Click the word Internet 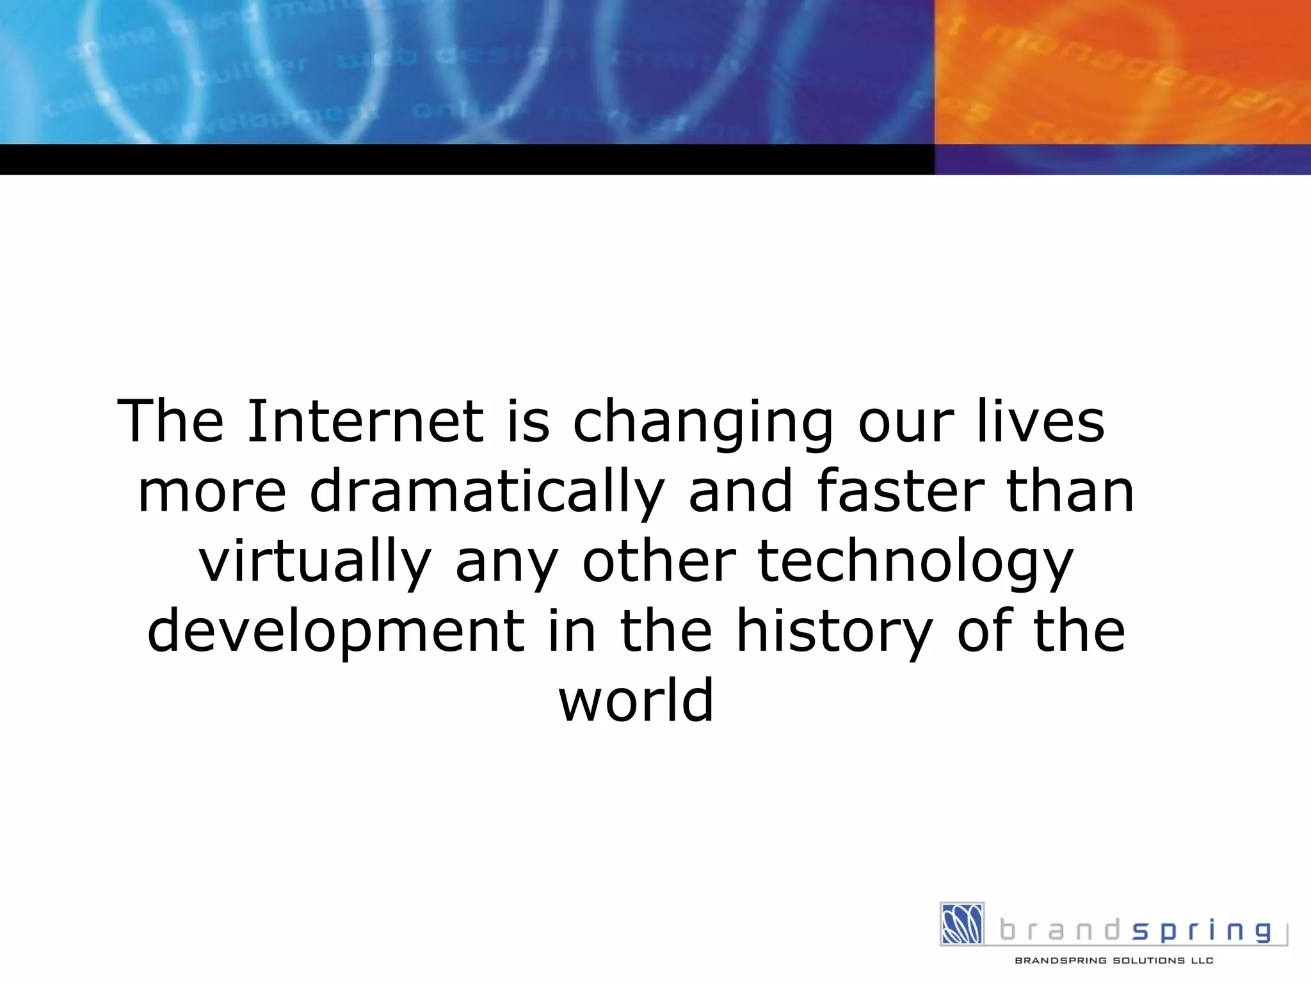point(365,421)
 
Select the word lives point(1041,421)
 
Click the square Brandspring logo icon point(961,923)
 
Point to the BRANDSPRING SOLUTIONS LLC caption point(1114,961)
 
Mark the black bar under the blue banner point(467,159)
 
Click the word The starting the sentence point(170,421)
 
